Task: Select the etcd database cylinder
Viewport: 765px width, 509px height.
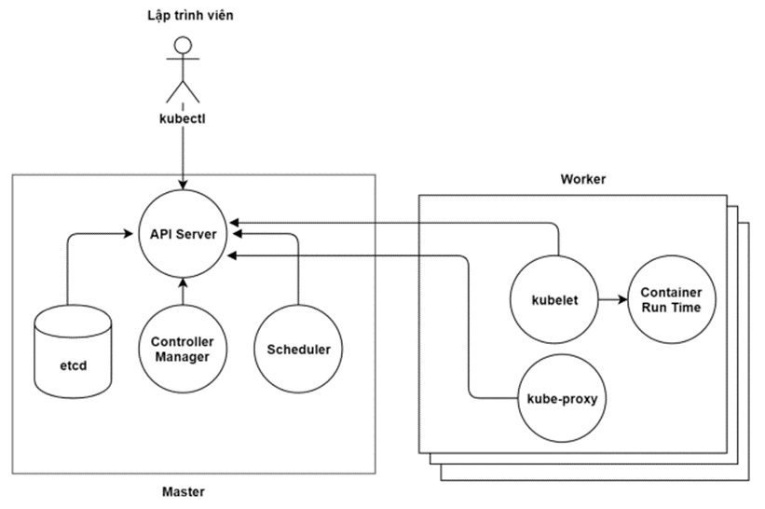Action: [x=74, y=351]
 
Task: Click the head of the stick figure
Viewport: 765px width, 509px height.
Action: [x=183, y=46]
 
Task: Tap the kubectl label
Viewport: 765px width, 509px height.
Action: [x=183, y=118]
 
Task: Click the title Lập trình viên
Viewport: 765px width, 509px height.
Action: [x=190, y=16]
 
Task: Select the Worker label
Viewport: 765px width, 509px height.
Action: [x=583, y=179]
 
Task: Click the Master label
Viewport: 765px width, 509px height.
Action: [x=183, y=491]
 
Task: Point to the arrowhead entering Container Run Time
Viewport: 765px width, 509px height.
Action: [x=622, y=299]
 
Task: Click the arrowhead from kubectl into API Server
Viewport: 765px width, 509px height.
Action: [x=183, y=185]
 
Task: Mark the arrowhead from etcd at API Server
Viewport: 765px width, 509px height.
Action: [x=129, y=234]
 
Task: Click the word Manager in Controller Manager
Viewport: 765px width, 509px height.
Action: [x=183, y=357]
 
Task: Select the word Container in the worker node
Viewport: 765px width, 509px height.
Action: [x=671, y=292]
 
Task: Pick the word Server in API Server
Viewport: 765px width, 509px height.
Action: [x=196, y=234]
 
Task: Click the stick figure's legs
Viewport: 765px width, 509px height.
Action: [x=183, y=91]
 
